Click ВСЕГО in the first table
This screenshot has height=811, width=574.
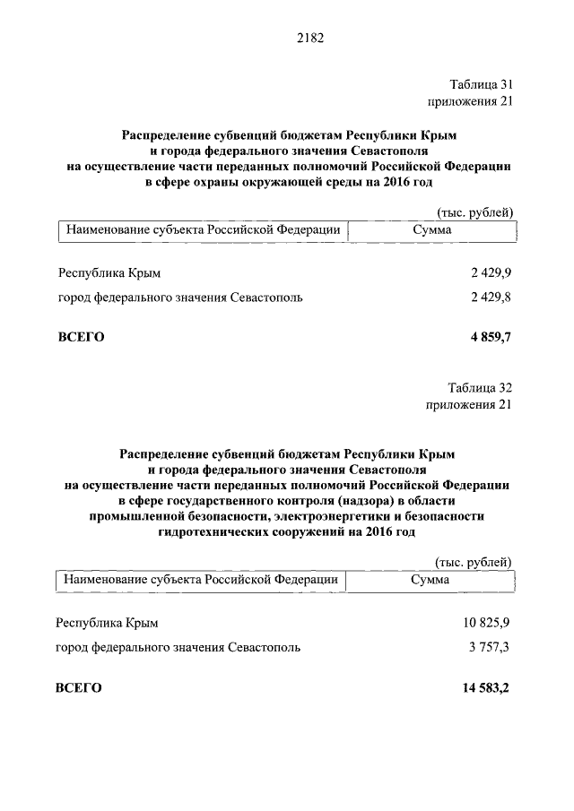tap(82, 337)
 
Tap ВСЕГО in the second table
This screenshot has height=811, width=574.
tap(79, 687)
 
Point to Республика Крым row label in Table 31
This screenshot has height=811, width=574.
tap(109, 272)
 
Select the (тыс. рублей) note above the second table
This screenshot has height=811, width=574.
tap(473, 562)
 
